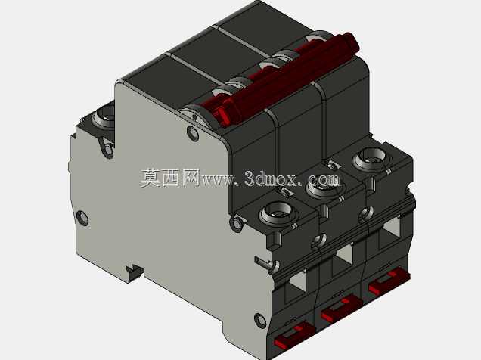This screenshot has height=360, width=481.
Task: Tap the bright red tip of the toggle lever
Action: [x=222, y=116]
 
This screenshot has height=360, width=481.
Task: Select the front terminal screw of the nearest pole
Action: [x=278, y=213]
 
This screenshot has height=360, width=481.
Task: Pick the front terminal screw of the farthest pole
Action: [x=371, y=157]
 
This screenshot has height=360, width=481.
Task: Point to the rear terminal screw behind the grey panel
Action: [x=104, y=116]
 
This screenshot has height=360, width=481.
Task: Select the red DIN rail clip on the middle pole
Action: [x=341, y=309]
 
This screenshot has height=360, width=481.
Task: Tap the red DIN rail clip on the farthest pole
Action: [x=389, y=281]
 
